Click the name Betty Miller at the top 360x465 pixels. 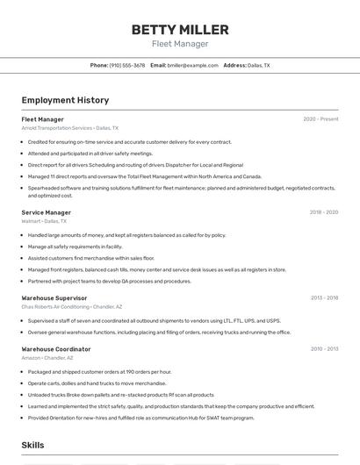[x=180, y=30]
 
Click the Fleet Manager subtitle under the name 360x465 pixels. [x=180, y=44]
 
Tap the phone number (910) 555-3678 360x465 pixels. [x=127, y=65]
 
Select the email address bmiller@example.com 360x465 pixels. [x=192, y=65]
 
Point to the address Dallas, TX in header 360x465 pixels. [x=258, y=65]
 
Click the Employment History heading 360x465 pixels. [x=65, y=100]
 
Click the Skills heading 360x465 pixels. [x=32, y=446]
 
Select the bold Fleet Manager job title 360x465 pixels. [x=42, y=119]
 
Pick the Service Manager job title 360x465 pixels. [x=46, y=212]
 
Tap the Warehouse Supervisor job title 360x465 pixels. [x=54, y=298]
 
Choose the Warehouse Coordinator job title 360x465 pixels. [x=55, y=349]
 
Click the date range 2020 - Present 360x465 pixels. [x=320, y=119]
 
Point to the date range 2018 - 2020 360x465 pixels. [x=323, y=212]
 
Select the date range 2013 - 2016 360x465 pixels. [x=324, y=298]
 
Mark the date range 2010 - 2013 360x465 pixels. [x=324, y=349]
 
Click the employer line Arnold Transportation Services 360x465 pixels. [x=69, y=128]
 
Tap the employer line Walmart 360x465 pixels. [x=43, y=221]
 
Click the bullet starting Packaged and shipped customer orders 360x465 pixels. [x=99, y=372]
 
